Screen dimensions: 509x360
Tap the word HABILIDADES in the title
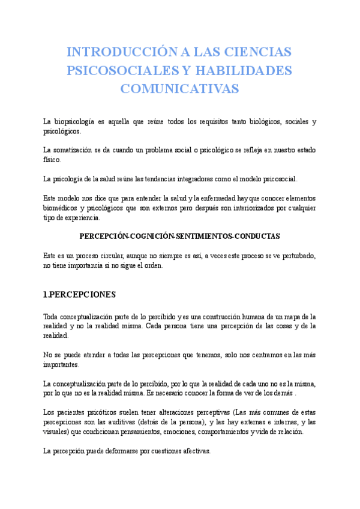tap(239, 70)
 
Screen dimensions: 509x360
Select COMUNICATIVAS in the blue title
tap(179, 89)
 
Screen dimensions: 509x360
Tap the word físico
tap(52, 160)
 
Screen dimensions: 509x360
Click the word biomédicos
tap(62, 208)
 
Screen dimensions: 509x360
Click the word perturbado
tap(298, 255)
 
